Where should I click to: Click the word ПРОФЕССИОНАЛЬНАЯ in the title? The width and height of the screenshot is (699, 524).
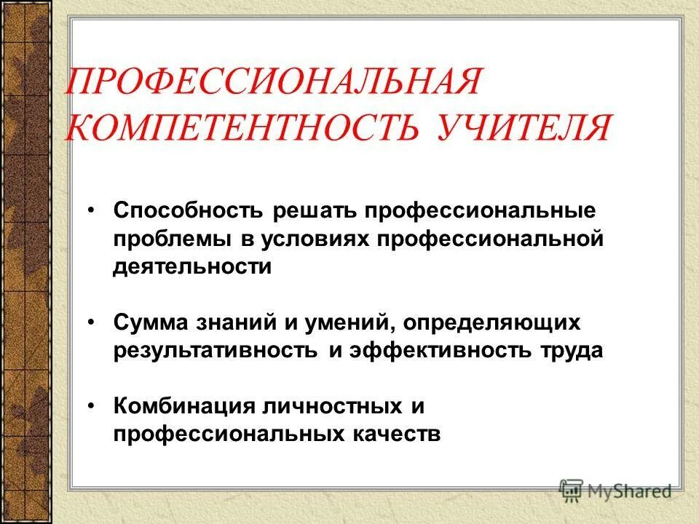(272, 82)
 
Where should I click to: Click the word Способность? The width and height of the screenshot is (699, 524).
(190, 211)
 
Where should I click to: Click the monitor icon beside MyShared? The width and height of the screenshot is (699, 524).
(572, 490)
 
